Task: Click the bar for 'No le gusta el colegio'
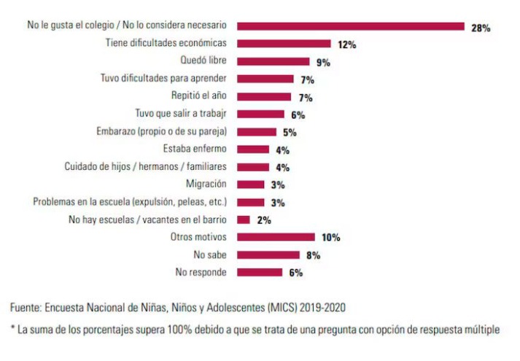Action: (351, 27)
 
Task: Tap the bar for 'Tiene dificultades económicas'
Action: (284, 44)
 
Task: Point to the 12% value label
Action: (346, 45)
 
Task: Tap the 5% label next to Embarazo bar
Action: (290, 132)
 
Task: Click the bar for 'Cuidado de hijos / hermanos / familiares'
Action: (253, 167)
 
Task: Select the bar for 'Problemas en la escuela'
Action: (251, 202)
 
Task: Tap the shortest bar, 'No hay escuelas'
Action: (244, 220)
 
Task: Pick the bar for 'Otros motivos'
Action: (276, 237)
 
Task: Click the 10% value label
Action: (330, 238)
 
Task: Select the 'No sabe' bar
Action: (268, 255)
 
